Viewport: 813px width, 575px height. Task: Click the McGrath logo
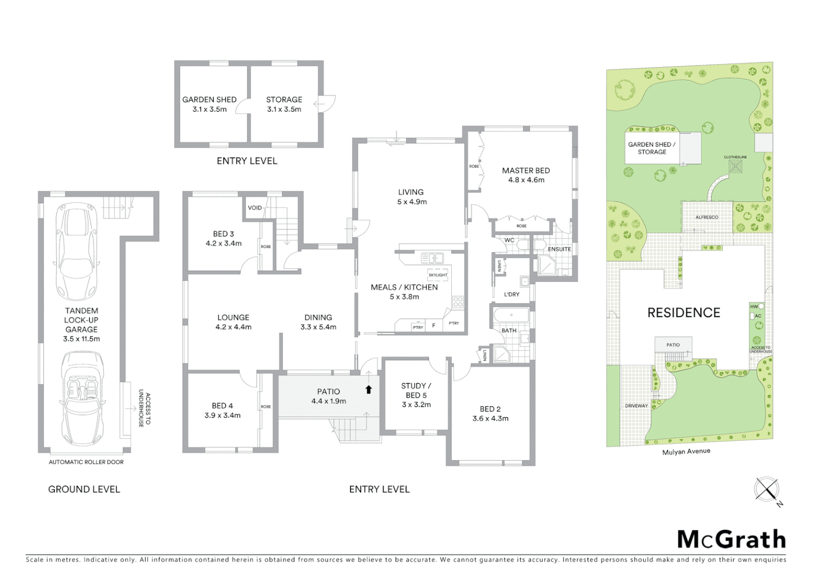pyautogui.click(x=732, y=539)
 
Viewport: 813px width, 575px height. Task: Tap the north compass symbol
pyautogui.click(x=767, y=489)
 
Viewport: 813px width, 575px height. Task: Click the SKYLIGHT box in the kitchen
pyautogui.click(x=438, y=275)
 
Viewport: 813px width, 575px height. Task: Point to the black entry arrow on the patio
pyautogui.click(x=369, y=389)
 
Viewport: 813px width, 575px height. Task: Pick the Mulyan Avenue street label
pyautogui.click(x=686, y=451)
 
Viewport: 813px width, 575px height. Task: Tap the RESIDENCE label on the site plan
pyautogui.click(x=684, y=313)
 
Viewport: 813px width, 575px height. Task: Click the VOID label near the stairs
pyautogui.click(x=255, y=208)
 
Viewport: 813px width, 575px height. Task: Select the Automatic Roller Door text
pyautogui.click(x=86, y=462)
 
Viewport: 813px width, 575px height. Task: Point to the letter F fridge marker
pyautogui.click(x=434, y=325)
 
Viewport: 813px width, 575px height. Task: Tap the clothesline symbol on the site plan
pyautogui.click(x=736, y=167)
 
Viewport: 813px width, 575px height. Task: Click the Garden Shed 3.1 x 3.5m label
pyautogui.click(x=210, y=104)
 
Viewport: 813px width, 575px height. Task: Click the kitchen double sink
pyautogui.click(x=433, y=258)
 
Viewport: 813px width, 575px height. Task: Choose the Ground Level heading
pyautogui.click(x=84, y=489)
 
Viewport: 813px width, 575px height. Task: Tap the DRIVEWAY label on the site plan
pyautogui.click(x=636, y=406)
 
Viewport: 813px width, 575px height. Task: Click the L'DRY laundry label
pyautogui.click(x=511, y=294)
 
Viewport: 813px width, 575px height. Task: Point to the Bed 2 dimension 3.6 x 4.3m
pyautogui.click(x=490, y=418)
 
